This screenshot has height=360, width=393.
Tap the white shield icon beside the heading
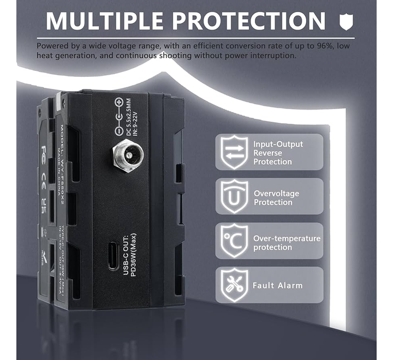coord(346,22)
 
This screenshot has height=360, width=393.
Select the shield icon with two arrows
coord(234,152)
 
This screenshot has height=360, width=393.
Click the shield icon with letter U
coord(234,197)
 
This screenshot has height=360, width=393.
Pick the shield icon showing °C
coord(234,241)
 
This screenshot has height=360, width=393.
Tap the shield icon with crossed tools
coord(234,285)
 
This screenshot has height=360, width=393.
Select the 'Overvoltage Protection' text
coord(276,197)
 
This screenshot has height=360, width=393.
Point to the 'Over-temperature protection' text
coord(287,243)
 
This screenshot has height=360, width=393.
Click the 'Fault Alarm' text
coord(277,285)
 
